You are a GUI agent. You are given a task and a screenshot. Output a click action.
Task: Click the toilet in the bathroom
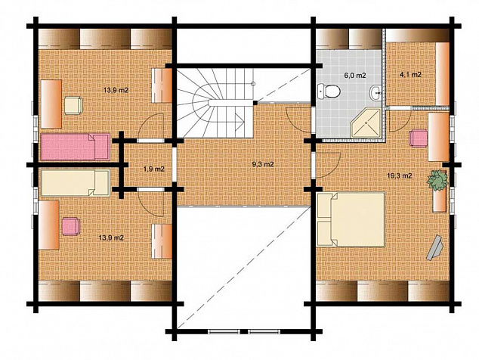(x=329, y=92)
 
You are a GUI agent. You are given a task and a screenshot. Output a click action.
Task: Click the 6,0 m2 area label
(x=355, y=75)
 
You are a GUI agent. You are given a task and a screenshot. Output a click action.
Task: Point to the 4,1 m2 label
(x=410, y=74)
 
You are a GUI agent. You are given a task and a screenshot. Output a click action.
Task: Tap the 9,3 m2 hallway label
(x=263, y=164)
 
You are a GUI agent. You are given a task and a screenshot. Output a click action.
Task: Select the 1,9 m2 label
(x=154, y=169)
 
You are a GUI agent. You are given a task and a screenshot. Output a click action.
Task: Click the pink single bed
(x=75, y=147)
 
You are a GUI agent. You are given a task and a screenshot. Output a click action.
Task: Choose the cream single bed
(x=76, y=183)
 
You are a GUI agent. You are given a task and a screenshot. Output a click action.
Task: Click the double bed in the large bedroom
(x=351, y=219)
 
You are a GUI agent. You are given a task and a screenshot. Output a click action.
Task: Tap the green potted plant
(x=437, y=181)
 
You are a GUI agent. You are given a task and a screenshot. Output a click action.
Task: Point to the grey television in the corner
(x=435, y=248)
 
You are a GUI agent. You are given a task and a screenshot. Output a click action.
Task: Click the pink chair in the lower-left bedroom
(x=71, y=226)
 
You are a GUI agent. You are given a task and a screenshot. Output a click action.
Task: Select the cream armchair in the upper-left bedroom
(x=73, y=106)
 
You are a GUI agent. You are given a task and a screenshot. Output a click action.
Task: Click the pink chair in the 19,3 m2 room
(x=419, y=138)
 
